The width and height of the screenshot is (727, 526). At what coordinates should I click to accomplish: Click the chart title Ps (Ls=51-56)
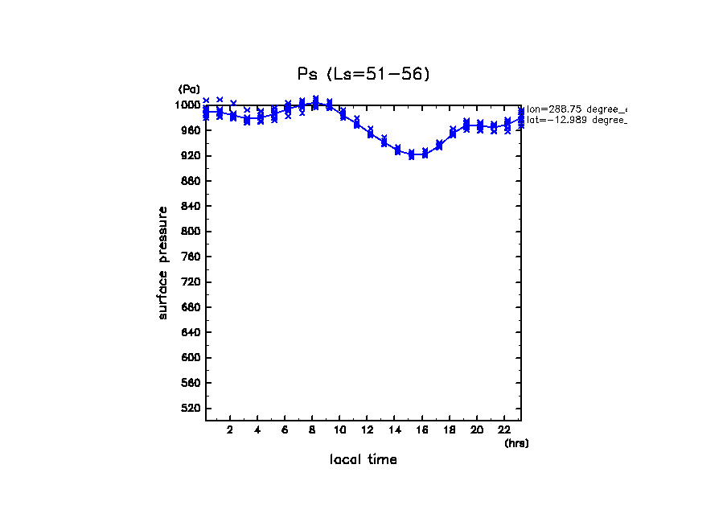(363, 74)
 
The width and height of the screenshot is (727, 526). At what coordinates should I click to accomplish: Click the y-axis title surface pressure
(163, 262)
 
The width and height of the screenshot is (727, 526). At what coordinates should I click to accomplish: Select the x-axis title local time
(363, 459)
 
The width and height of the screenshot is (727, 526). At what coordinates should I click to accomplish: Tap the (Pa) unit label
(189, 89)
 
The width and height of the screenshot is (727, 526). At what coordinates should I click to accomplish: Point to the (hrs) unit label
(516, 442)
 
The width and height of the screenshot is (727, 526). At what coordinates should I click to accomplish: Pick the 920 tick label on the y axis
(192, 155)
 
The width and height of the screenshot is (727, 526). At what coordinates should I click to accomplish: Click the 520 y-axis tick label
(192, 409)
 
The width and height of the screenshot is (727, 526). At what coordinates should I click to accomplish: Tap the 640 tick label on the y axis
(192, 332)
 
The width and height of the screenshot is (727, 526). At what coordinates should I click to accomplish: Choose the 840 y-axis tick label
(192, 206)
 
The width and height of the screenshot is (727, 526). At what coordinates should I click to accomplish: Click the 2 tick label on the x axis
(230, 429)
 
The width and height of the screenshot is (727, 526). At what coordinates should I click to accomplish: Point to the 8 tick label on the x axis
(312, 429)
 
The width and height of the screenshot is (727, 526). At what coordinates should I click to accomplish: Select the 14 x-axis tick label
(394, 429)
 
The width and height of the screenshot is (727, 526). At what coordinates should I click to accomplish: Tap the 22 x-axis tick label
(504, 429)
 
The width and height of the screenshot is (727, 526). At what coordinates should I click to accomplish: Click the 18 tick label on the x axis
(449, 429)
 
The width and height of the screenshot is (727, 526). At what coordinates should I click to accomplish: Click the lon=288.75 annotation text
(576, 109)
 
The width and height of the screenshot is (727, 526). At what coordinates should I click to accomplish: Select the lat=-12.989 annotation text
(576, 120)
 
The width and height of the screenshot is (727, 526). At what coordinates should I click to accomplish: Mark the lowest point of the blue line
(412, 154)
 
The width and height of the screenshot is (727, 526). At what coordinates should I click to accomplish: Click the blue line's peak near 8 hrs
(315, 103)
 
